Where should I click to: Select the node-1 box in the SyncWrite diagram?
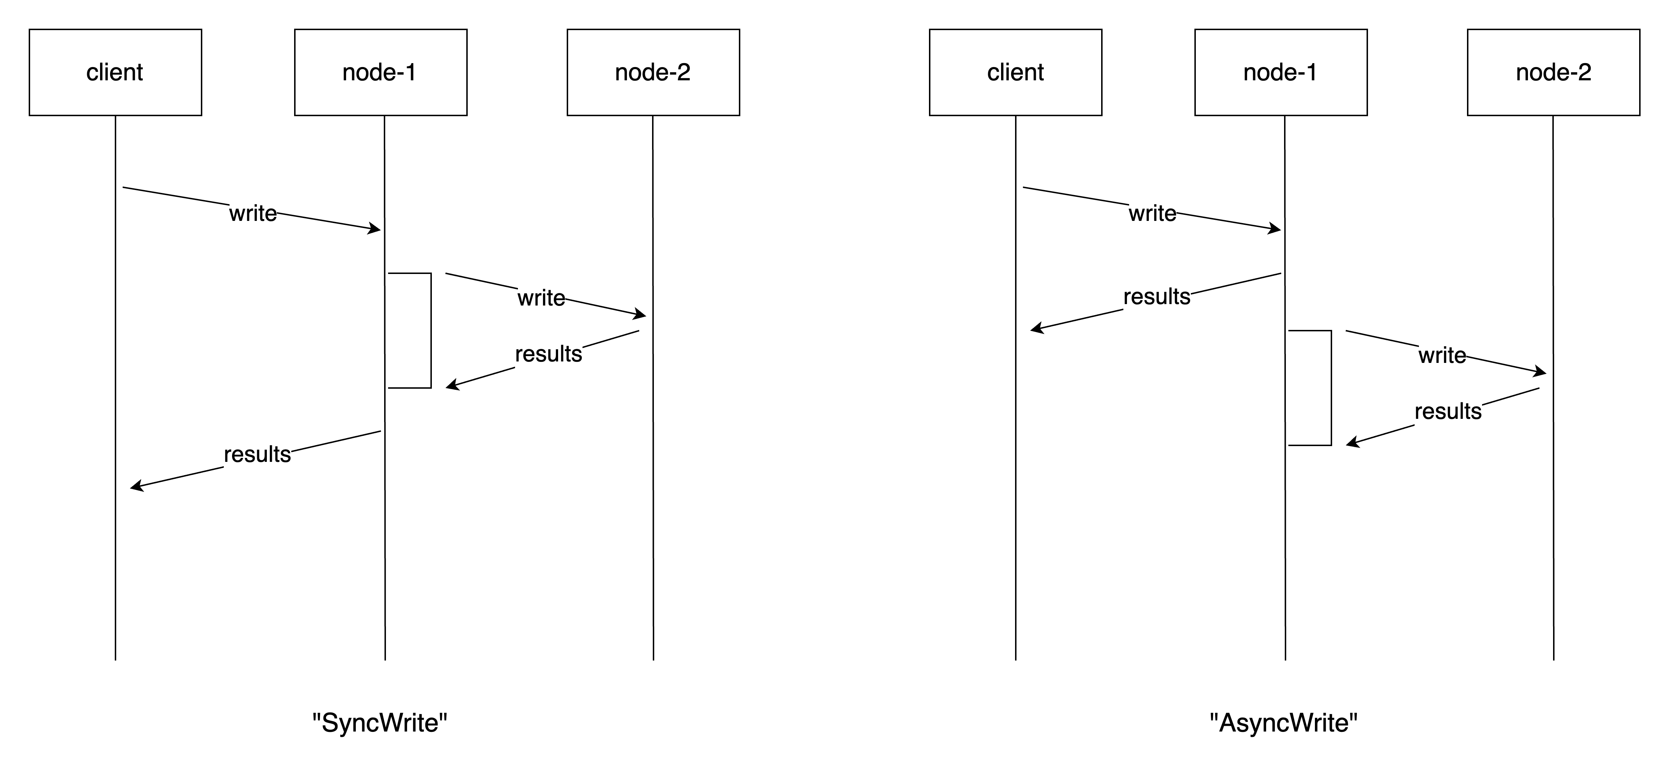click(x=381, y=72)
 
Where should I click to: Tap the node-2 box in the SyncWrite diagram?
click(x=653, y=72)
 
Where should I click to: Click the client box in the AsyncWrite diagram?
click(x=1015, y=72)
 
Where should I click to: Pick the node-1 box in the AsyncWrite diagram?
click(x=1280, y=72)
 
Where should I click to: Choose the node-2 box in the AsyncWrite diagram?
click(x=1553, y=72)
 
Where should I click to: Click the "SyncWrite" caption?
click(x=380, y=723)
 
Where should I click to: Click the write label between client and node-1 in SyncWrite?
click(x=253, y=213)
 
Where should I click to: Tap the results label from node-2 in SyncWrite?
click(x=548, y=354)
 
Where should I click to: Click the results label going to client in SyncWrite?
click(x=258, y=454)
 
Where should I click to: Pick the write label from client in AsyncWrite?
click(x=1152, y=213)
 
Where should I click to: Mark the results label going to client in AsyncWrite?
click(x=1156, y=297)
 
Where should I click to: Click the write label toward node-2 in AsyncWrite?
click(x=1442, y=355)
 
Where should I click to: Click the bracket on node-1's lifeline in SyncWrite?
click(x=430, y=331)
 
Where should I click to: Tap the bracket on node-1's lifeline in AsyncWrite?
click(x=1331, y=388)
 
